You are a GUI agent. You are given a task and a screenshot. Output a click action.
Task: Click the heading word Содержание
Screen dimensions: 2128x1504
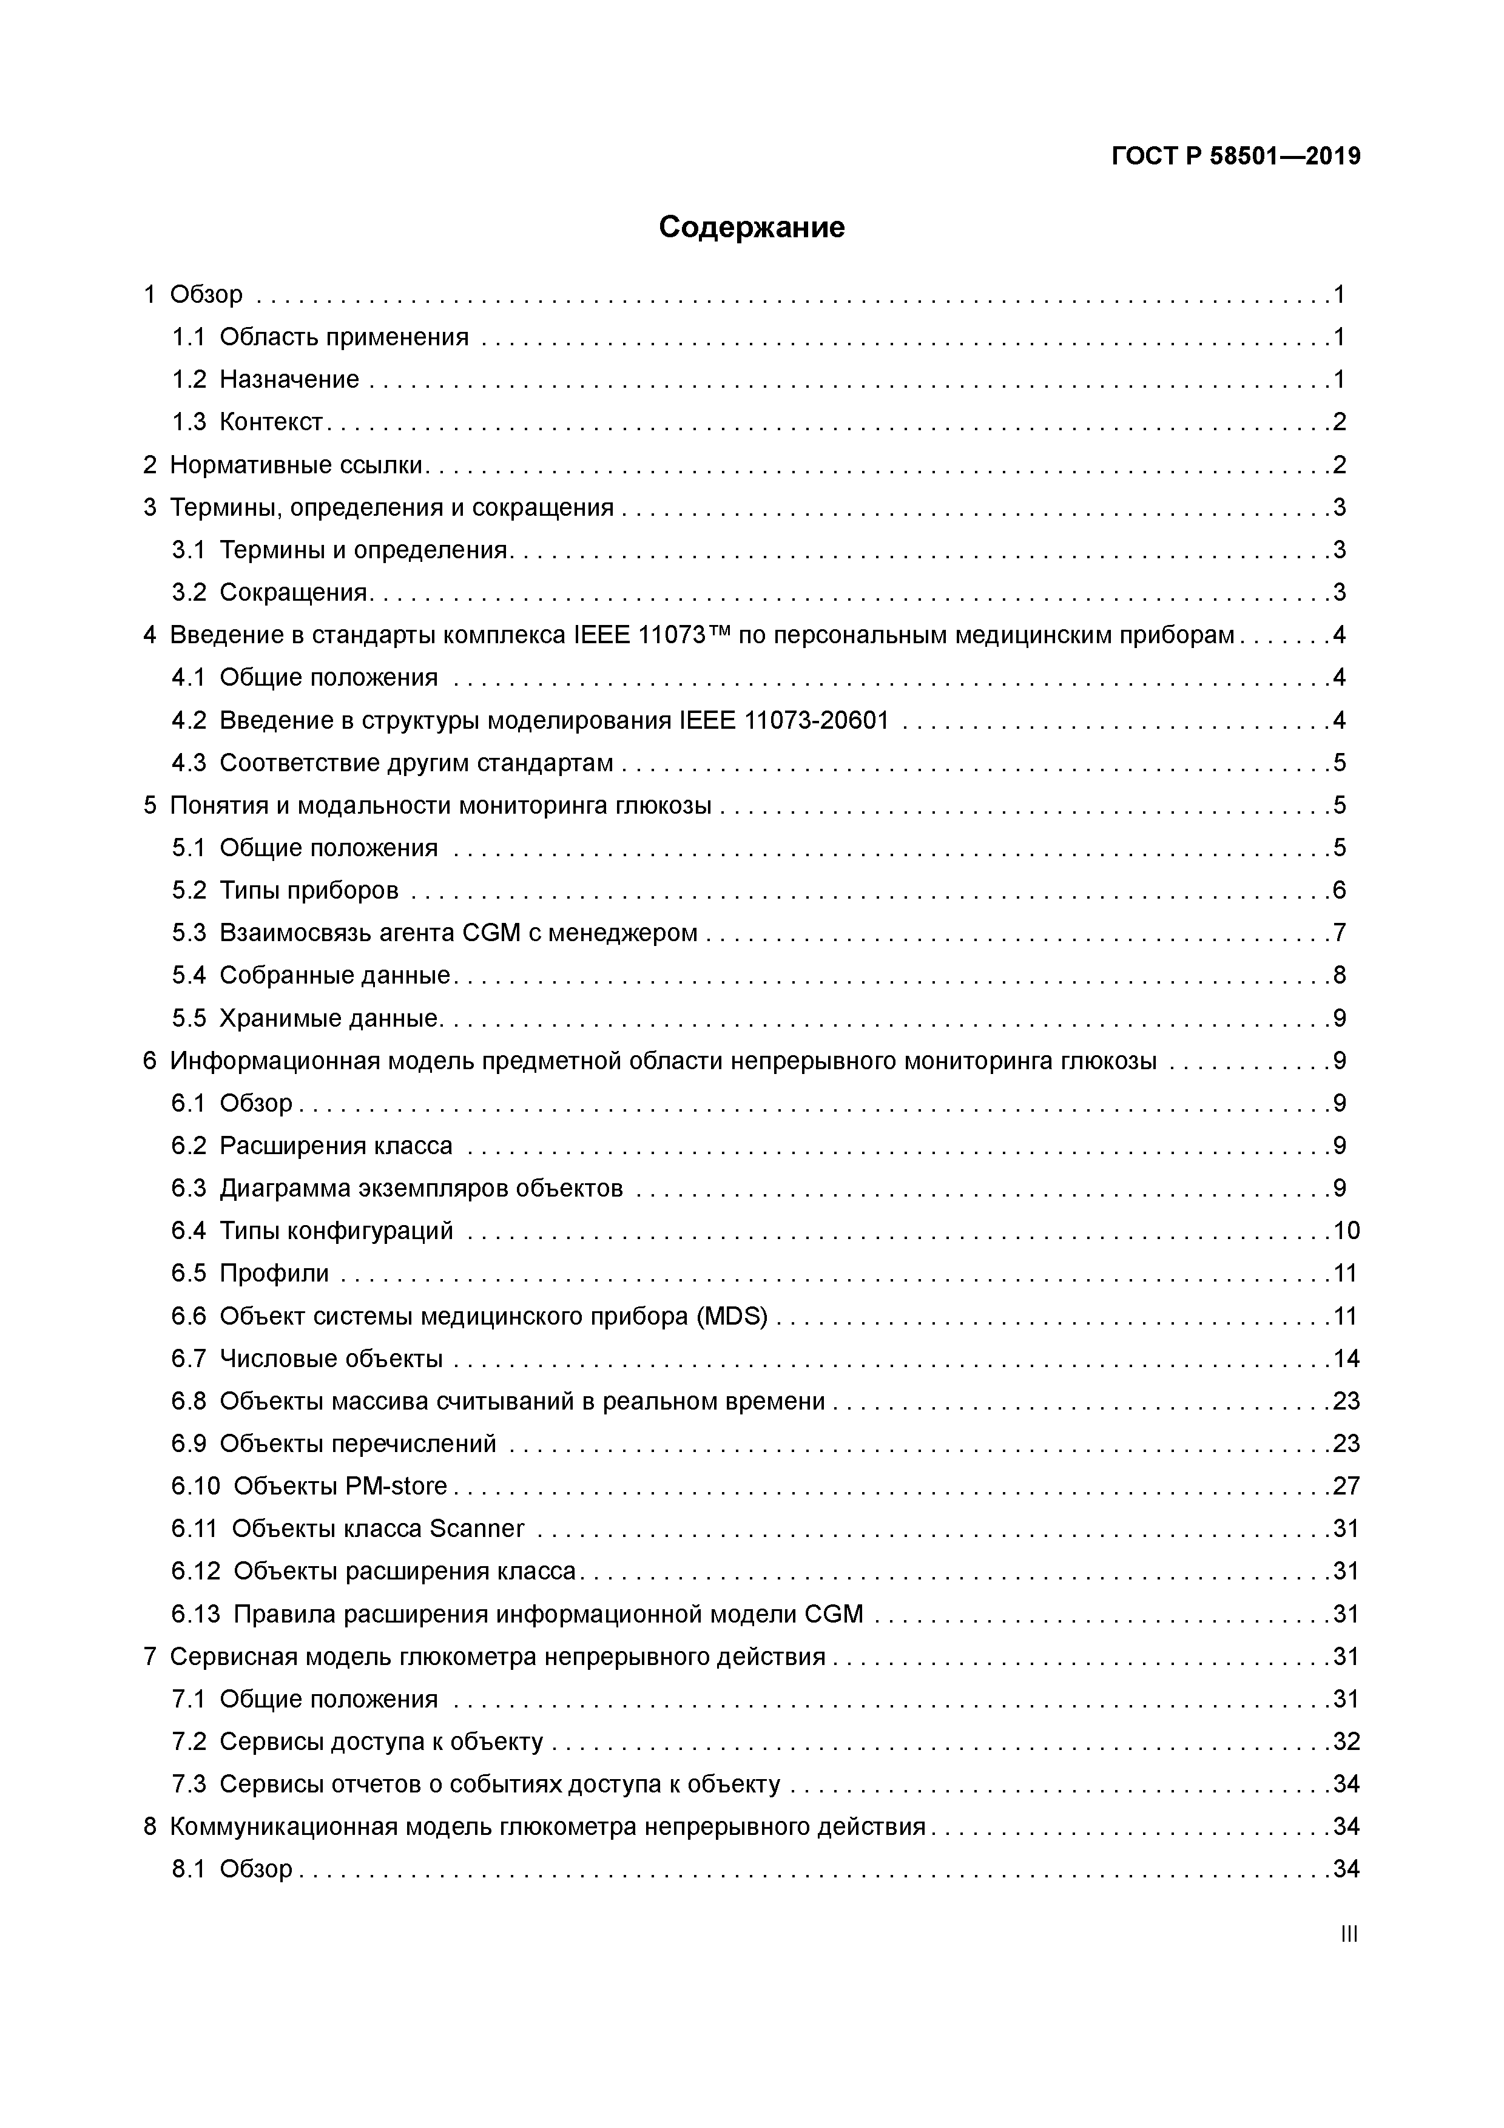click(x=752, y=227)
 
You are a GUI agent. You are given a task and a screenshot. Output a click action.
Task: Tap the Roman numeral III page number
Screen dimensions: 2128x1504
click(x=1348, y=1934)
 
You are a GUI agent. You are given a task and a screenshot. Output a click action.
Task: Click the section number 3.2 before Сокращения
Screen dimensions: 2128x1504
click(x=188, y=592)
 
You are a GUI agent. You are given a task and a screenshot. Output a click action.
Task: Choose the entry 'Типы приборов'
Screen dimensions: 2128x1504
click(x=309, y=891)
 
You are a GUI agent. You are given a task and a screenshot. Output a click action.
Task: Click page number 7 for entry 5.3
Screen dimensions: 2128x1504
click(x=1339, y=933)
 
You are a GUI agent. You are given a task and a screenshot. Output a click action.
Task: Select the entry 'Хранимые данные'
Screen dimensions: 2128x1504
click(x=328, y=1019)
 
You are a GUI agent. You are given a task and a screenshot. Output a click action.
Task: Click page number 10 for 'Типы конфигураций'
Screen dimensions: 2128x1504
click(x=1346, y=1231)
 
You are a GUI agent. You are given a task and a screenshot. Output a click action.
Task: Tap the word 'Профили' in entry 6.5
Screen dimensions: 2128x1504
click(x=274, y=1274)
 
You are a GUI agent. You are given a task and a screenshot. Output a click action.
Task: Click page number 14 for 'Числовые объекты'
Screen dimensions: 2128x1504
click(x=1346, y=1359)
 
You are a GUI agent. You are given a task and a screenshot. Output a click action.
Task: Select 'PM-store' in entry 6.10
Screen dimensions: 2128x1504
click(x=396, y=1487)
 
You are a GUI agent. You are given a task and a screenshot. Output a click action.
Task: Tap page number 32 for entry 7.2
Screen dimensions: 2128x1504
click(x=1346, y=1741)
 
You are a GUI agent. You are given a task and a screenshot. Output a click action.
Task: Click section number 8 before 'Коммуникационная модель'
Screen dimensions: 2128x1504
click(x=150, y=1827)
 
